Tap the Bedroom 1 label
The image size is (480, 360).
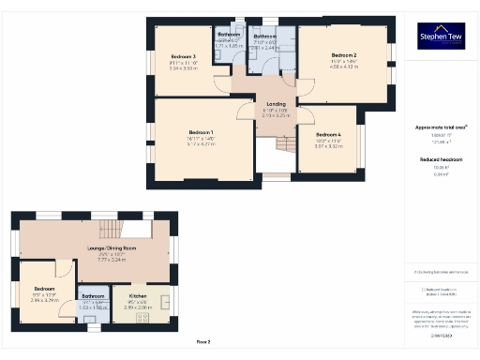tap(202, 132)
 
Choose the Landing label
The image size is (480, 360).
tap(276, 103)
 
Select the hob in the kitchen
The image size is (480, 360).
tap(142, 317)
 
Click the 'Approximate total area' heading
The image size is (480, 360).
tap(440, 127)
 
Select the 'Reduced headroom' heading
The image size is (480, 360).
tap(440, 160)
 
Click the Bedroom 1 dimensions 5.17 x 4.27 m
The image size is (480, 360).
tap(202, 144)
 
